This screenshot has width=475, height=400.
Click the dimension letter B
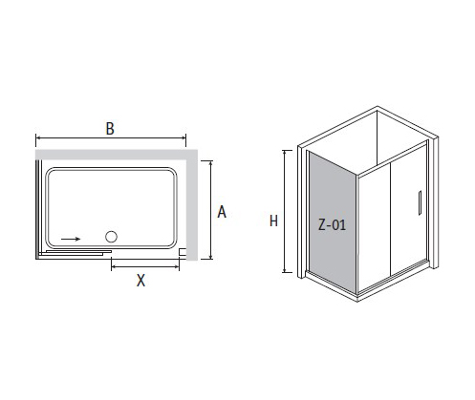click(x=110, y=129)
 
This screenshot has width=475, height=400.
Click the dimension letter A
click(x=222, y=212)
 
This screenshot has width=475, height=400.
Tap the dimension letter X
click(x=140, y=281)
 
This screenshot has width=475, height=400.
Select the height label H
click(x=273, y=221)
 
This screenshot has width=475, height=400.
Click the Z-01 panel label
click(x=332, y=225)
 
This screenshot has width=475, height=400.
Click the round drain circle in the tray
click(x=111, y=237)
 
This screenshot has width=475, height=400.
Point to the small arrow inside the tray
click(x=71, y=239)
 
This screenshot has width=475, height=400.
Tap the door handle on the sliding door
click(x=420, y=202)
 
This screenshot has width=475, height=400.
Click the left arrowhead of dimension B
click(x=37, y=137)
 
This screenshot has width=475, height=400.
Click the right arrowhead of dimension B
click(x=184, y=137)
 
